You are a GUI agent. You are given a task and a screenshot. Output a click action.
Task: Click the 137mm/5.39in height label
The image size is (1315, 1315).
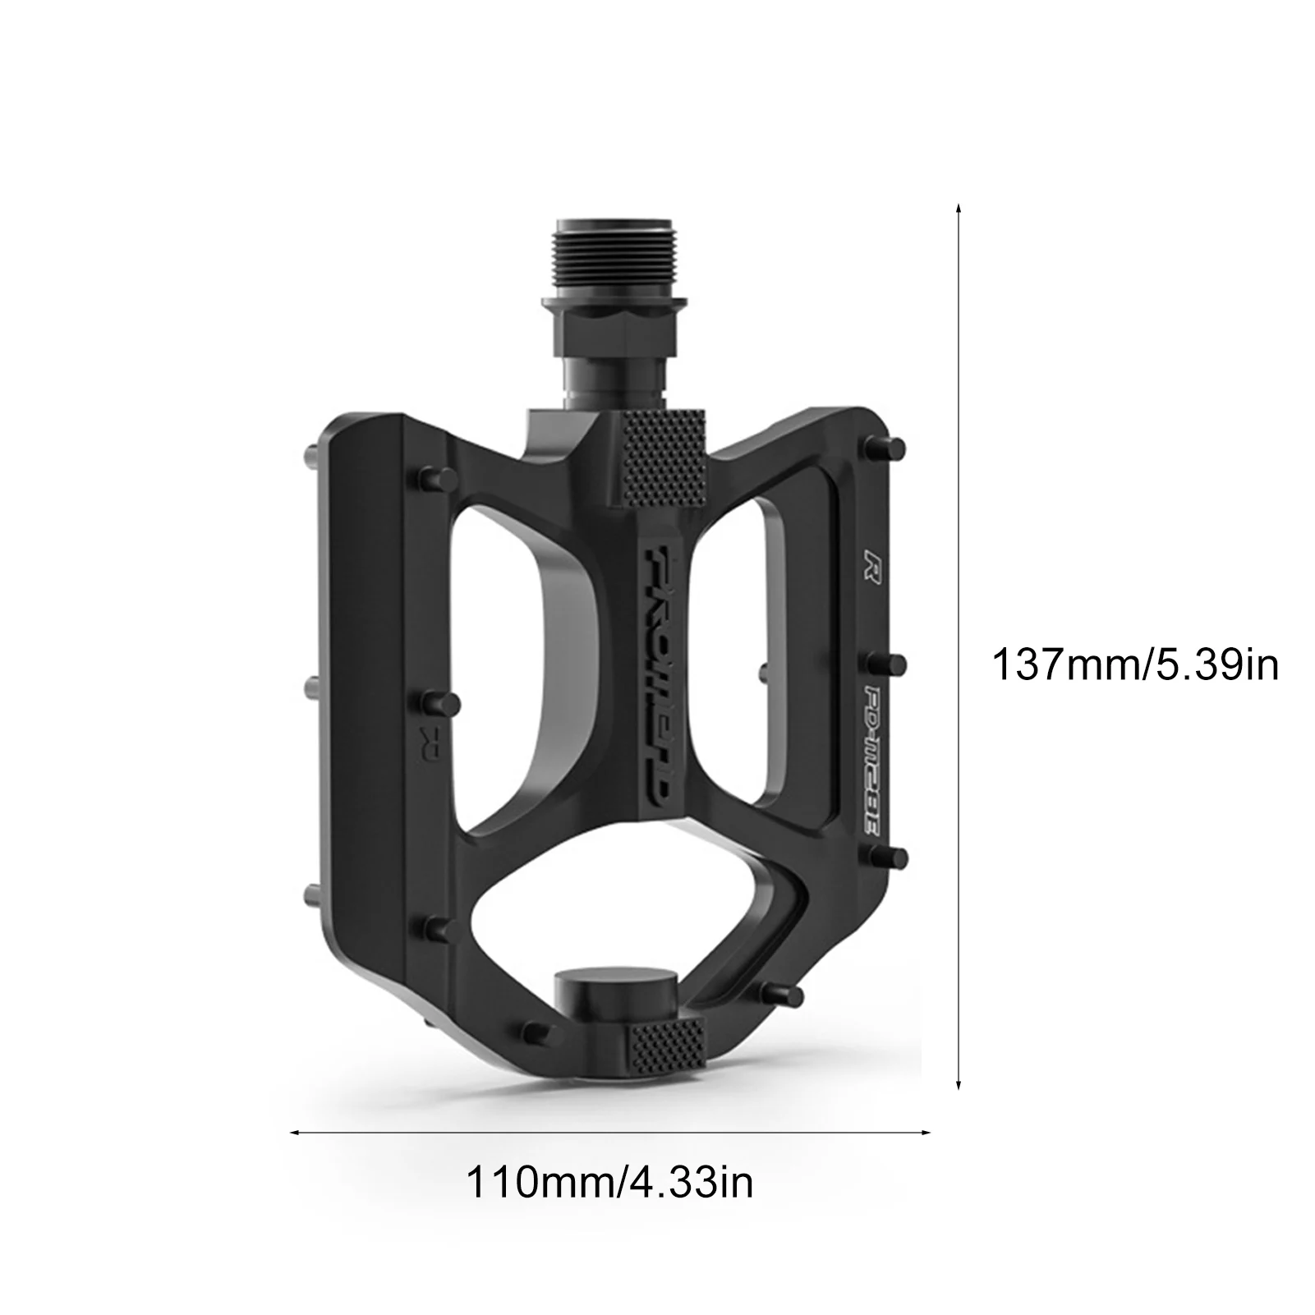point(1136,664)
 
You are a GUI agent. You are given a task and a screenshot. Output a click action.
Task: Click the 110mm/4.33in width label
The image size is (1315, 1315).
point(609,1184)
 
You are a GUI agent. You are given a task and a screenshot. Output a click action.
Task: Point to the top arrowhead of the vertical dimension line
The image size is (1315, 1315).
point(959,209)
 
